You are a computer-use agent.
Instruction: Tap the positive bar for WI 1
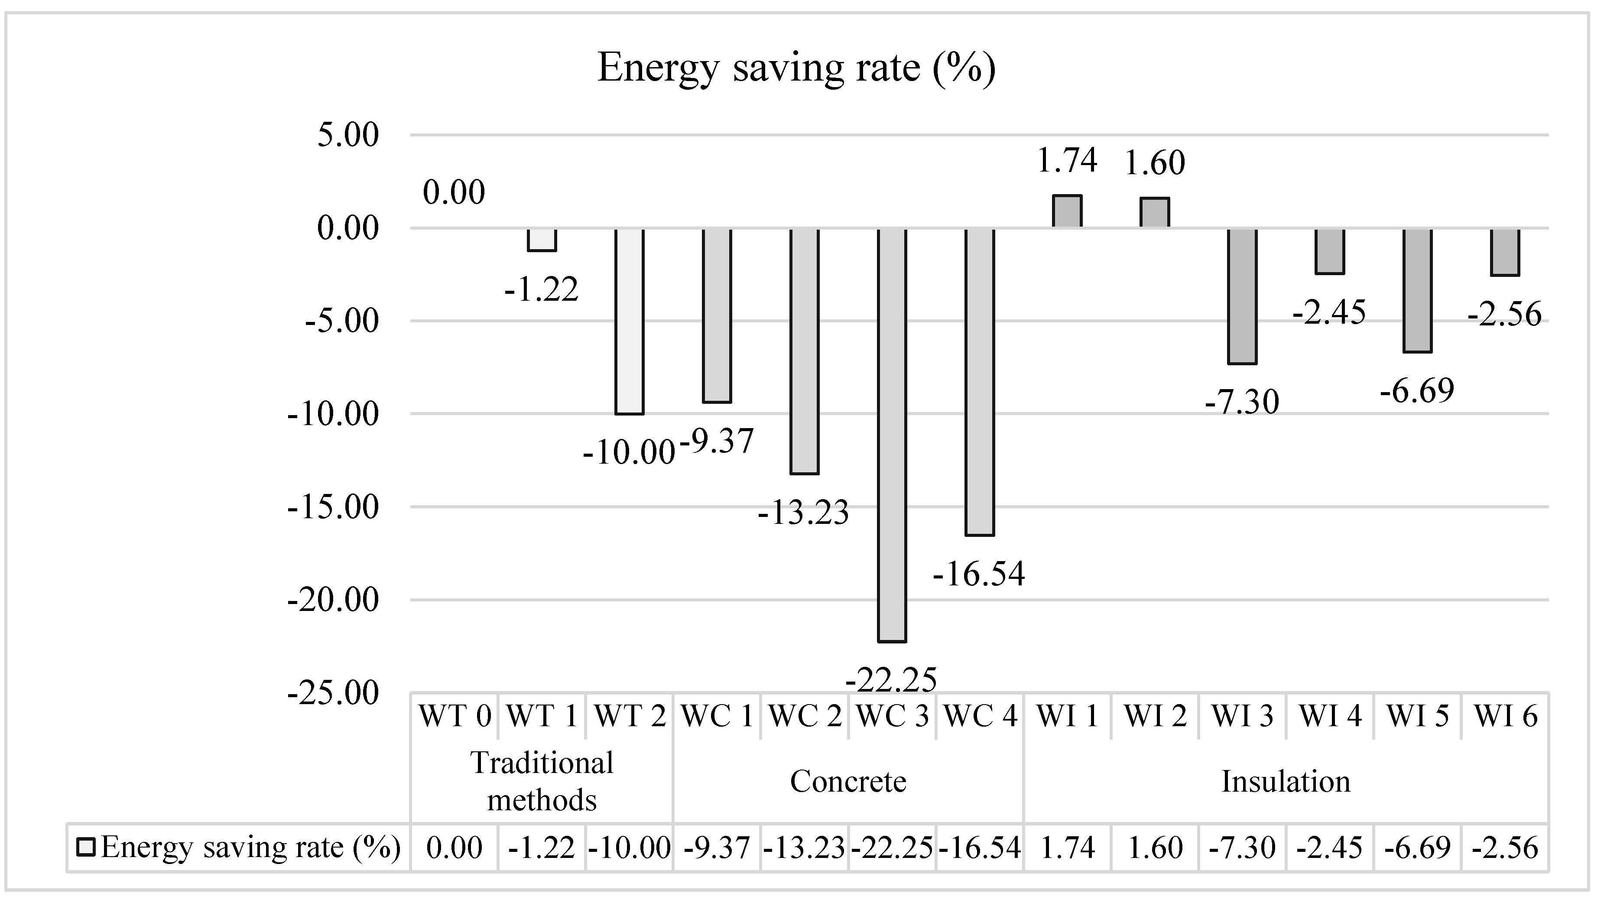1067,212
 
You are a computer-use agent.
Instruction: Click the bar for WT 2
630,321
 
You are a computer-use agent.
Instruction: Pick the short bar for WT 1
542,240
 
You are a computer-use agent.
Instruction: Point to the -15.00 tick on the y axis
333,507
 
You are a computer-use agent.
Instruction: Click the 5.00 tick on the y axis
347,135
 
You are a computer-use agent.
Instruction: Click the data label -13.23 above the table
803,513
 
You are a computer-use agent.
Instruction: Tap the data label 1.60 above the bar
1155,163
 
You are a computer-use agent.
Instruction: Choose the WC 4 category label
981,716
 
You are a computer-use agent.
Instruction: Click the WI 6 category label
1506,716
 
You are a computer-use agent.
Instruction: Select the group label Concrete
848,782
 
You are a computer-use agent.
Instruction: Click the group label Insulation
1286,782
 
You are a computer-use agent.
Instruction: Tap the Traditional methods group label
542,782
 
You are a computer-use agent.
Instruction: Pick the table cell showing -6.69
1418,848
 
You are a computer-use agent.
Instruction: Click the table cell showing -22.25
892,848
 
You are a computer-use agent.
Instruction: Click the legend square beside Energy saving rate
85,848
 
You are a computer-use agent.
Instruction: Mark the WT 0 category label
455,716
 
